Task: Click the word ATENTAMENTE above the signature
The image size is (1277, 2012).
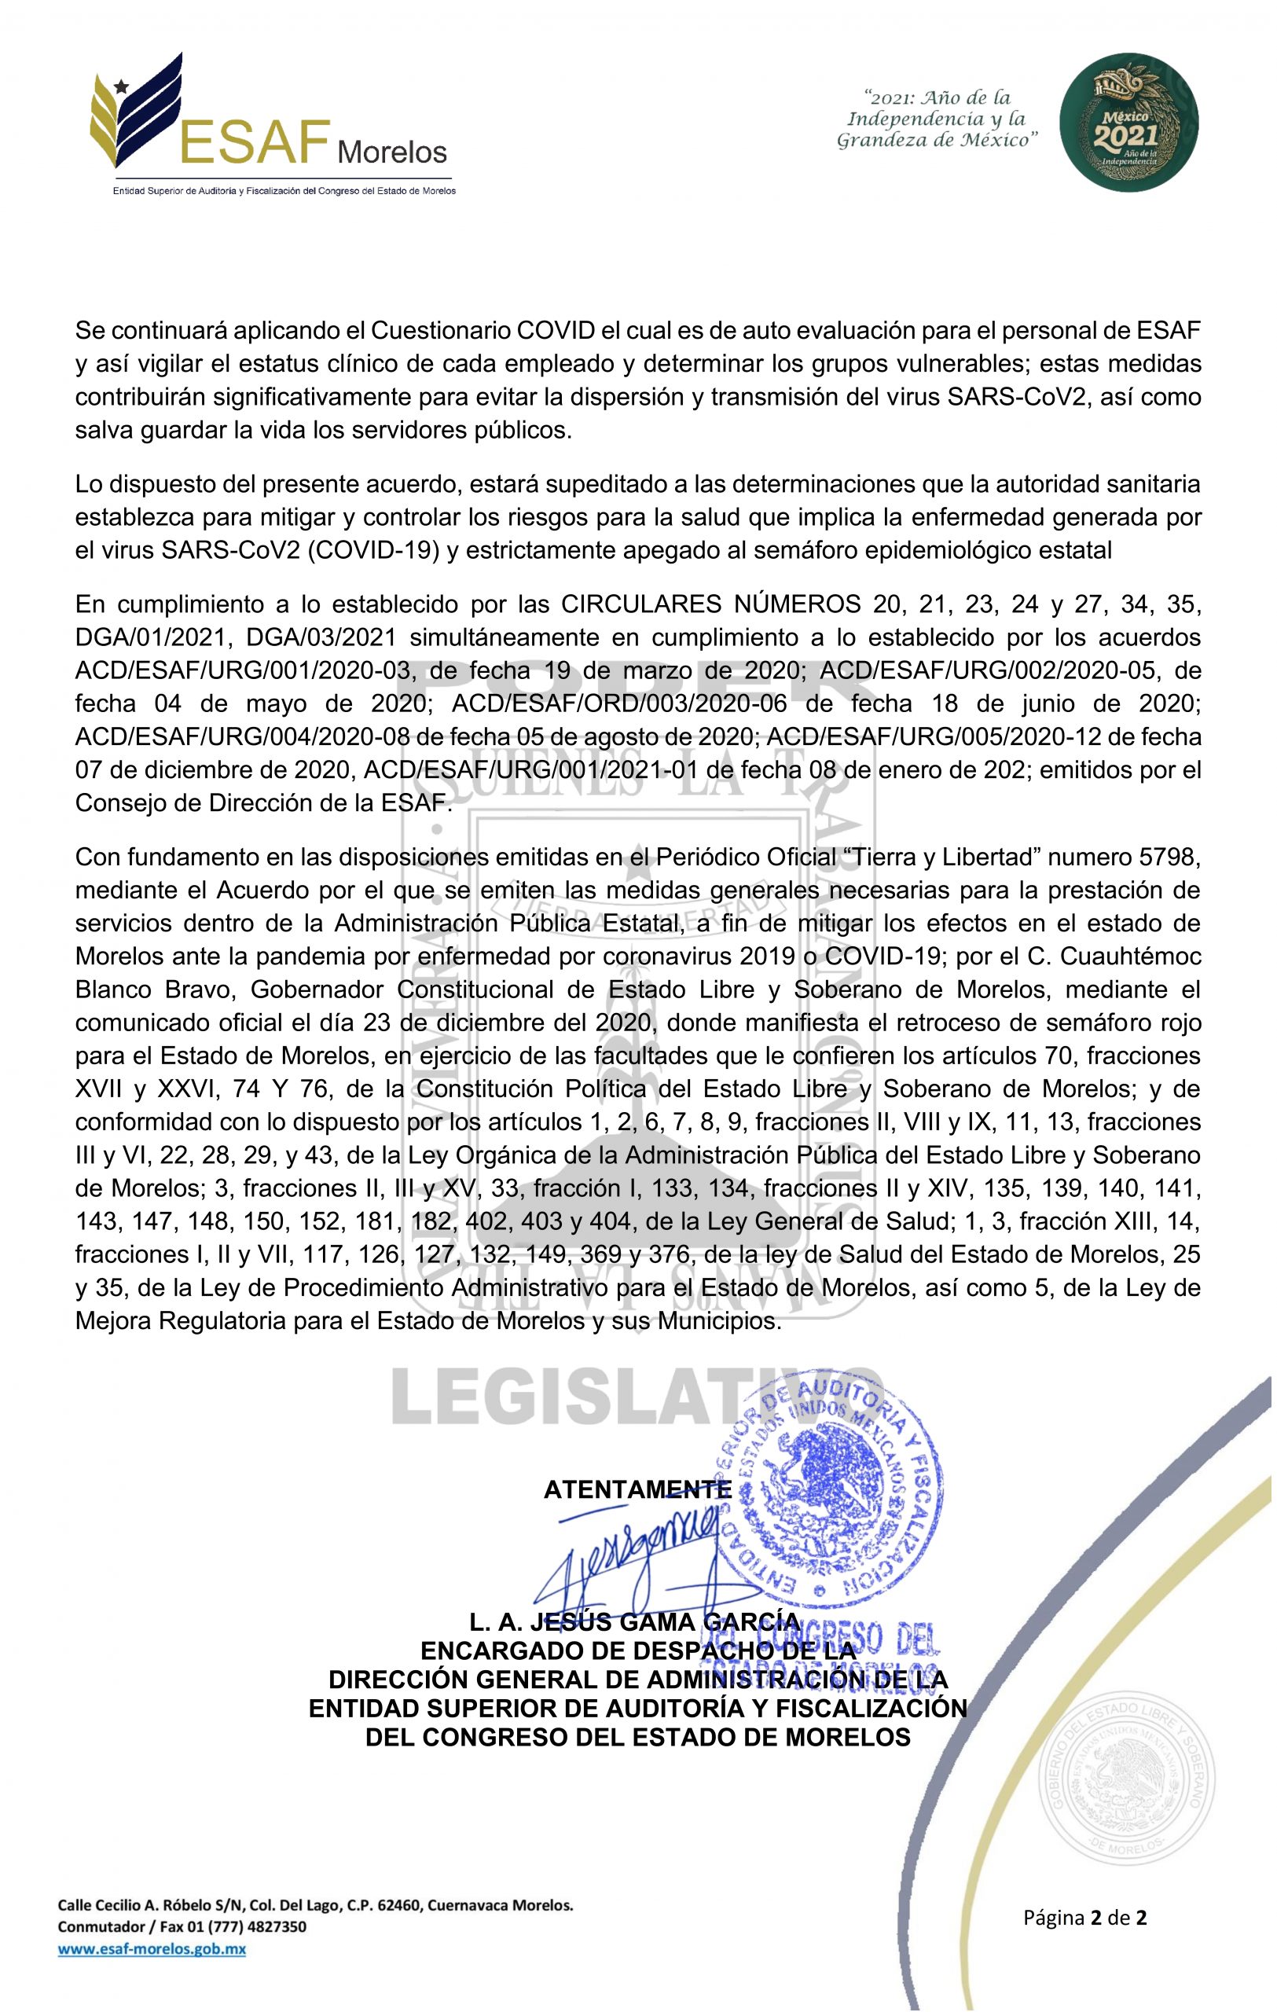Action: click(x=637, y=1489)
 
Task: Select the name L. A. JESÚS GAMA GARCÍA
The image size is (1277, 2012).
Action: click(x=635, y=1623)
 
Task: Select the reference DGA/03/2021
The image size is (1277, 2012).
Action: click(x=317, y=637)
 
